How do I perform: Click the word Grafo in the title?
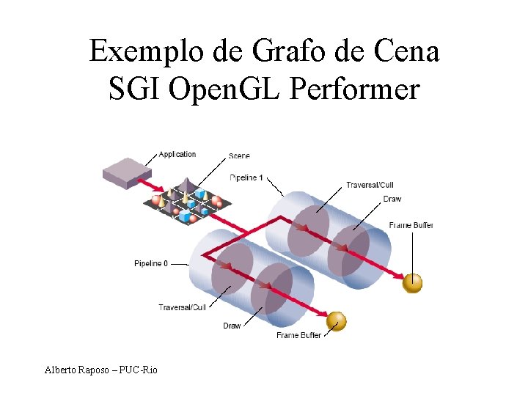(x=282, y=51)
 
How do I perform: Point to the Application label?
(x=177, y=154)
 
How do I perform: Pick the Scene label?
(x=239, y=155)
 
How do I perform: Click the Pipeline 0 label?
(x=151, y=263)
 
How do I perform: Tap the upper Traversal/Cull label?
(x=370, y=185)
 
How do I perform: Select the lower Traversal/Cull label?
(x=182, y=307)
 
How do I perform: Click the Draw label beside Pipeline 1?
(x=392, y=199)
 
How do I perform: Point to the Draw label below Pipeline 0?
(x=232, y=326)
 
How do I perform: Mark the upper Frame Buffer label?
(x=411, y=225)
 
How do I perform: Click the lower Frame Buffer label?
(x=298, y=335)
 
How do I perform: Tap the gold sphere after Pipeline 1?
(x=413, y=282)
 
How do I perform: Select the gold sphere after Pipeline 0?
(x=335, y=320)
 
